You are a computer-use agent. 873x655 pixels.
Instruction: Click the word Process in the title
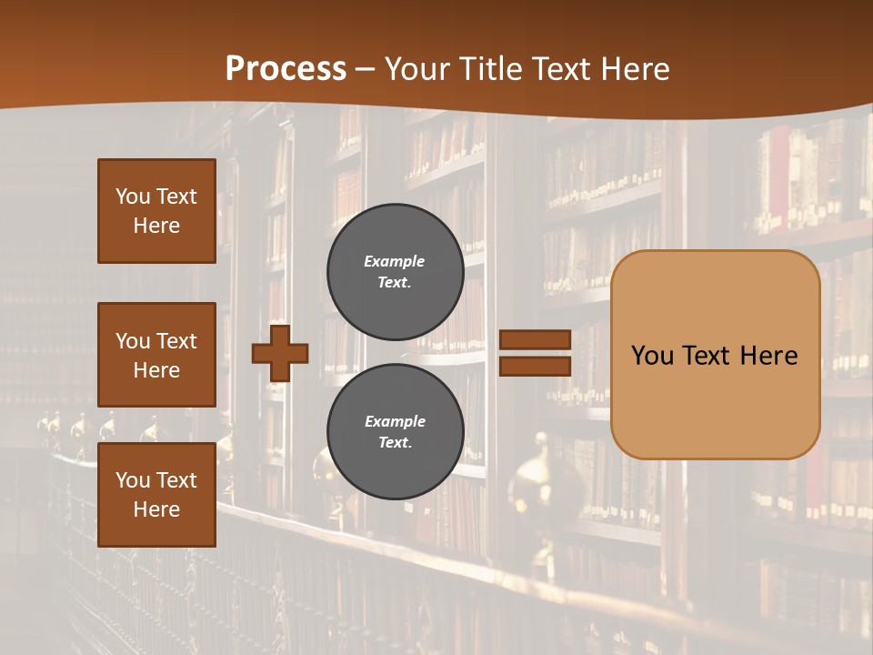[x=286, y=69]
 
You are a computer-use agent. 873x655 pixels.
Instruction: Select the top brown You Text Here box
[x=156, y=211]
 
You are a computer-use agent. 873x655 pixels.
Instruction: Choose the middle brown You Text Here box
[x=156, y=355]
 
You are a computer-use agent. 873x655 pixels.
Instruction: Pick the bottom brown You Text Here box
[x=156, y=494]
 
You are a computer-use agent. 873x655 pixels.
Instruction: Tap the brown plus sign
[x=280, y=352]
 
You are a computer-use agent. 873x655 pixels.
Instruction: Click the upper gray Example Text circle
[x=395, y=271]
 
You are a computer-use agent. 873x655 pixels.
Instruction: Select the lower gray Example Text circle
[x=395, y=431]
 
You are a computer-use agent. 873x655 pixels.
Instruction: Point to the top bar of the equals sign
[x=535, y=339]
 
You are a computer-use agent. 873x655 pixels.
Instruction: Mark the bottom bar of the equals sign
[x=535, y=366]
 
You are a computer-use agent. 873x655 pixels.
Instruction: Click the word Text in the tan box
[x=701, y=356]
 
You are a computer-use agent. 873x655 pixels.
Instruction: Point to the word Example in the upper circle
[x=395, y=261]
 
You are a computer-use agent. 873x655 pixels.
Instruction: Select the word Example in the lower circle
[x=395, y=421]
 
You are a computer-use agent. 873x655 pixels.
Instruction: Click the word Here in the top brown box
[x=156, y=226]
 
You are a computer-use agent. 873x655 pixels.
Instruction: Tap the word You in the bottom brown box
[x=132, y=480]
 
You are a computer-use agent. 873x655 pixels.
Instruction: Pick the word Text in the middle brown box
[x=176, y=341]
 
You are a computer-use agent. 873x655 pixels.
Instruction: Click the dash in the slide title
[x=366, y=69]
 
